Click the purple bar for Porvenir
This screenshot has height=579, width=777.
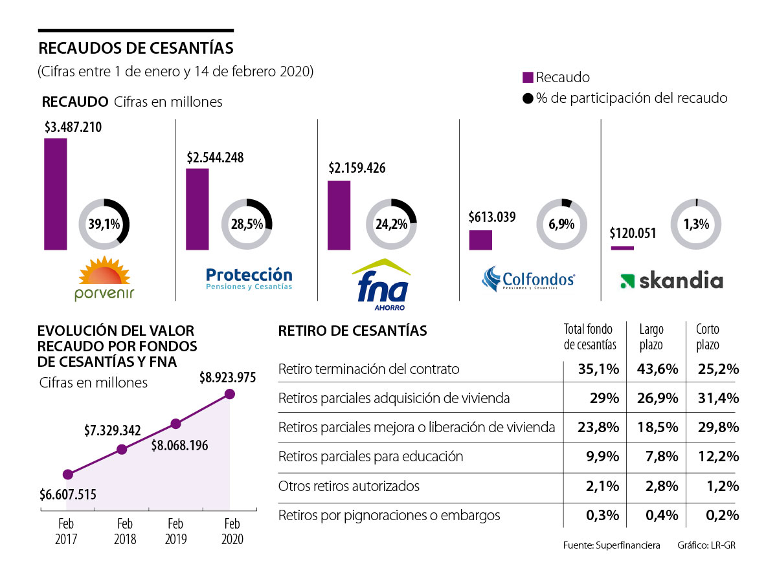pos(55,193)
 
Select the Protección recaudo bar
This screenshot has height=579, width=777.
pos(197,209)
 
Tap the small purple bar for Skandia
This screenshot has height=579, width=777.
pos(622,248)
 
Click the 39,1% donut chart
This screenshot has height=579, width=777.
pos(104,224)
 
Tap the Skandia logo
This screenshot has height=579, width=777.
pos(671,281)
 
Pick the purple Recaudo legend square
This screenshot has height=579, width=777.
pos(527,78)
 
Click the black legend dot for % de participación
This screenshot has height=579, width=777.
pos(527,98)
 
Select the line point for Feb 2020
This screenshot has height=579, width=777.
pos(230,393)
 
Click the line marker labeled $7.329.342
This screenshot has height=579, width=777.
pos(122,449)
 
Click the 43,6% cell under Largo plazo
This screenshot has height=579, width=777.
pos(658,369)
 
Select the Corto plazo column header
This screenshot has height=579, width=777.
pos(708,337)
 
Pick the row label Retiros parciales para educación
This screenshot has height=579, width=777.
pos(370,456)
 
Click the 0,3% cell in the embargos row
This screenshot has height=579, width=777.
pos(603,516)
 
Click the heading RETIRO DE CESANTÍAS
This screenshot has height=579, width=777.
pos(352,331)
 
